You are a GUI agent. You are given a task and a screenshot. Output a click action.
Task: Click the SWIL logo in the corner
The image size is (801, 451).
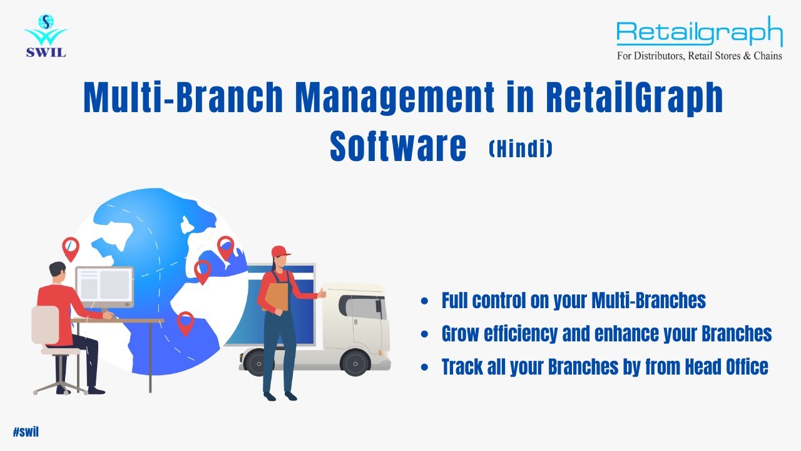45,36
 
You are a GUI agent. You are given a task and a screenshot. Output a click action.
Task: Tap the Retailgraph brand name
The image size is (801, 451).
699,33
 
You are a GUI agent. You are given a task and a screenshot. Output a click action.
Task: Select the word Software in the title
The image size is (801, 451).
398,146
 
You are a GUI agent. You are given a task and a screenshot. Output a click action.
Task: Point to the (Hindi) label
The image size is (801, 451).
521,148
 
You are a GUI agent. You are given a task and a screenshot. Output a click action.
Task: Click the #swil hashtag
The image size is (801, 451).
26,432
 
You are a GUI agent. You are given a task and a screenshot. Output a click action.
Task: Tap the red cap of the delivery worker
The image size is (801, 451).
281,252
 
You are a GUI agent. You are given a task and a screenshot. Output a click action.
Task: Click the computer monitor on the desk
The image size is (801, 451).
104,286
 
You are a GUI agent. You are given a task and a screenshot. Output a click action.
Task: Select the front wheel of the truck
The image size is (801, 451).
355,362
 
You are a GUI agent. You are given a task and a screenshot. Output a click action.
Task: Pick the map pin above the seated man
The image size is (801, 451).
71,248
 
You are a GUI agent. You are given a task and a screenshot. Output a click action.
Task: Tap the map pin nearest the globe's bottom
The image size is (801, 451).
185,322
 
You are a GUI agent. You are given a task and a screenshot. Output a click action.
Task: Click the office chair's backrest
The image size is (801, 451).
45,325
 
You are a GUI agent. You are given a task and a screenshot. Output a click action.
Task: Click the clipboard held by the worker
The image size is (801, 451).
277,296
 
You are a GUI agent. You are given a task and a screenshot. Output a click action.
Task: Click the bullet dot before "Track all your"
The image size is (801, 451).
425,367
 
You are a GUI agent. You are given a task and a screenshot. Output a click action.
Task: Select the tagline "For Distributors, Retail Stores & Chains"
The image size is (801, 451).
699,56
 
